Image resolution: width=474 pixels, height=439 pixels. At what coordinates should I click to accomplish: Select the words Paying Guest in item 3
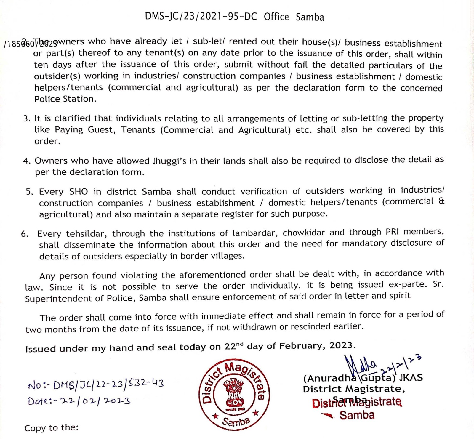coord(85,130)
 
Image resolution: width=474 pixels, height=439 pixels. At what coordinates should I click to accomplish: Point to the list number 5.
coord(29,192)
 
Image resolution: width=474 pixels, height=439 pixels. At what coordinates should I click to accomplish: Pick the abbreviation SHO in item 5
coord(79,192)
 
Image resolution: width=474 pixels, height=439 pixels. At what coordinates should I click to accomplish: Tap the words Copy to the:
coord(51,428)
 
